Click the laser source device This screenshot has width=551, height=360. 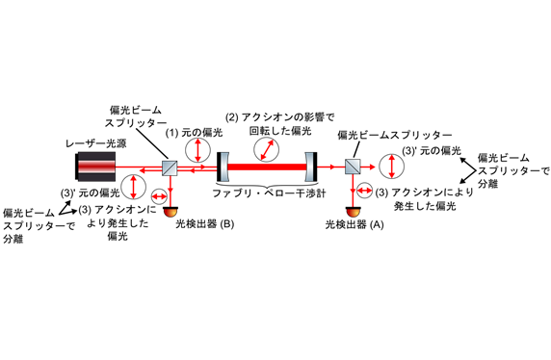coord(96,167)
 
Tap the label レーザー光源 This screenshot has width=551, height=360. coord(96,143)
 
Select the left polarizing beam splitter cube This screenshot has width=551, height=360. coord(170,167)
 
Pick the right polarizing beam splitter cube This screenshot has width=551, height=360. coord(353,167)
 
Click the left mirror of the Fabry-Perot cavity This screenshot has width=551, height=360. coord(223,167)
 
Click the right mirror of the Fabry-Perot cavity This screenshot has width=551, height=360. coord(311,167)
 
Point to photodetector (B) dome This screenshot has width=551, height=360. coord(171,212)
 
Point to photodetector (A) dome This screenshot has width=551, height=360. coord(354,212)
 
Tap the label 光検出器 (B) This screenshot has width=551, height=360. coord(205,224)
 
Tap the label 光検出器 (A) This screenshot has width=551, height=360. coord(354,224)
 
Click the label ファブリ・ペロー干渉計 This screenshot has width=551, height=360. coord(269,193)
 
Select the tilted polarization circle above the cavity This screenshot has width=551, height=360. coord(267,149)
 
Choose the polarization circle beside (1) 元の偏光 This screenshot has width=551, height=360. coord(197,150)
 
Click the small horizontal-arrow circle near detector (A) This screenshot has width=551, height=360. coord(364,191)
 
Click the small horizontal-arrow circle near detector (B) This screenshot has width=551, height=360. coord(159,195)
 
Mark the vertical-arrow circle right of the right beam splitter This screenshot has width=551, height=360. coord(392,167)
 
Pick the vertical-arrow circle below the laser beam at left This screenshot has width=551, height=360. coord(133,187)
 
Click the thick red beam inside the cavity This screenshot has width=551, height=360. coord(267,167)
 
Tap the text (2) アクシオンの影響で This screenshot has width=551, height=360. coord(280,117)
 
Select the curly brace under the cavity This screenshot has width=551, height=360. coord(268,185)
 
